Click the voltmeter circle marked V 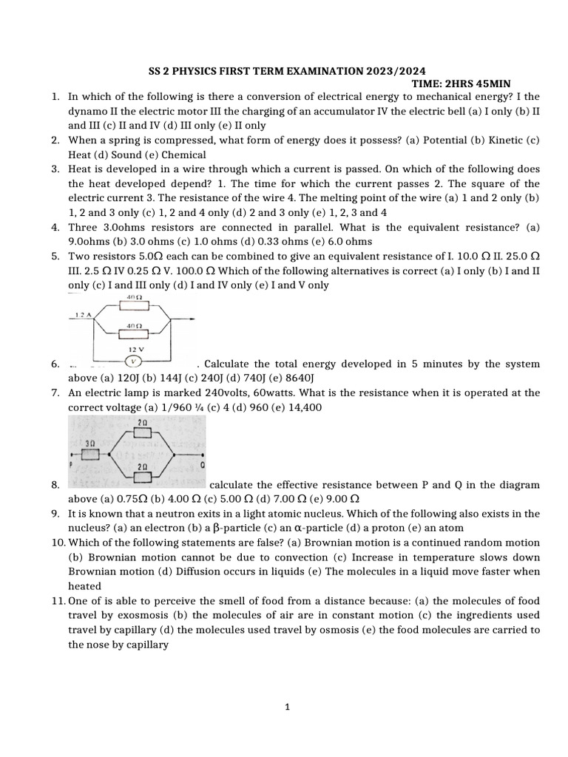coord(133,361)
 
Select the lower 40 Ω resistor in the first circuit coord(134,330)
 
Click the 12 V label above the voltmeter coord(134,349)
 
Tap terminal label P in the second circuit coord(72,466)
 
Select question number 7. coord(56,393)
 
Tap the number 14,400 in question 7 coord(303,407)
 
